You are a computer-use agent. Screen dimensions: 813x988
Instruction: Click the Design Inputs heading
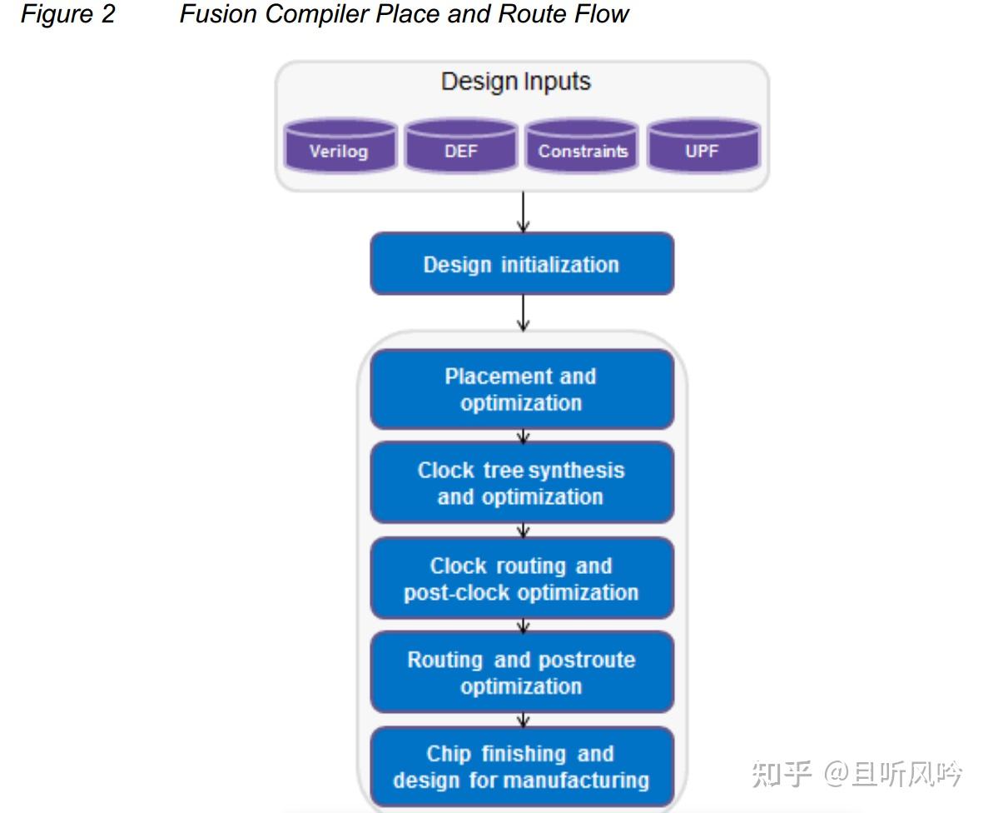[516, 82]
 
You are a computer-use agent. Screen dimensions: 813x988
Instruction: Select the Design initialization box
[521, 264]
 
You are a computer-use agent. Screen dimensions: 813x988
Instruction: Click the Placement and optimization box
[521, 389]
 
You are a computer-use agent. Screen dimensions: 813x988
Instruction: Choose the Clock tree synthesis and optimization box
[521, 483]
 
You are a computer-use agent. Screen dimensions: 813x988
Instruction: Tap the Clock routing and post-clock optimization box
[521, 579]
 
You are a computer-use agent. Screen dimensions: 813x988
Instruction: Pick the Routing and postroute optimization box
[521, 672]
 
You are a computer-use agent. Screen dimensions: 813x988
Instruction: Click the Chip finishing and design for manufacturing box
[521, 766]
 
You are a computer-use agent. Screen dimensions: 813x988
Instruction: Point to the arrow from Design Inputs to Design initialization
[523, 212]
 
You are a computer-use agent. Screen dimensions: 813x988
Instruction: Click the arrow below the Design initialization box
[523, 313]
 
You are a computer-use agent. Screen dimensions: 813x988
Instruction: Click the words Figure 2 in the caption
[67, 14]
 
